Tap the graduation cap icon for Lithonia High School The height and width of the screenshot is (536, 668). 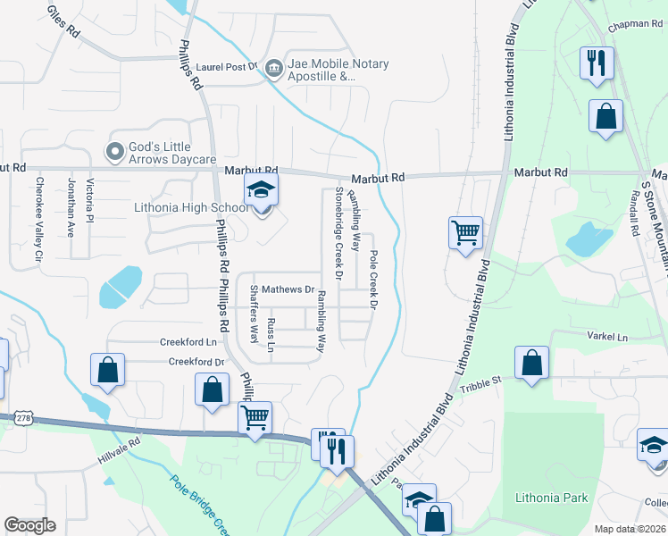tap(261, 190)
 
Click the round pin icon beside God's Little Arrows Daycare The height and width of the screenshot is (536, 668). tap(114, 153)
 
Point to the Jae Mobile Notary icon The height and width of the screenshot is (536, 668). tap(273, 66)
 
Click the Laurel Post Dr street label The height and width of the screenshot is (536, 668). tap(228, 66)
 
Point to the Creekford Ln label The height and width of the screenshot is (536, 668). tap(188, 341)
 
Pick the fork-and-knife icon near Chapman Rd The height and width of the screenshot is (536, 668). tap(596, 63)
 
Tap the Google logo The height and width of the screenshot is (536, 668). tap(29, 524)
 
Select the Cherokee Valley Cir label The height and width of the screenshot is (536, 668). tap(38, 219)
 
